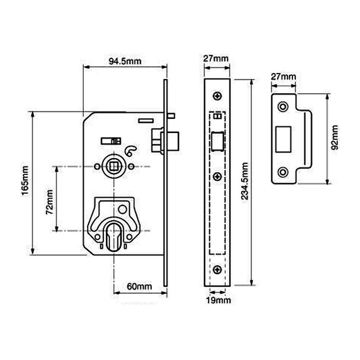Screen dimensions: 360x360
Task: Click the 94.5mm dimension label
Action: click(125, 61)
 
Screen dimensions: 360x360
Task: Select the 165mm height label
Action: click(25, 180)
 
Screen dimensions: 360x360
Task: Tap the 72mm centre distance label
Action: click(49, 202)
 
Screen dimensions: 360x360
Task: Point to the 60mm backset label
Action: click(139, 286)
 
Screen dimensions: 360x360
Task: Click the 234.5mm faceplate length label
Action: click(245, 181)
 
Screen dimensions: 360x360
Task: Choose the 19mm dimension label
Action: click(218, 300)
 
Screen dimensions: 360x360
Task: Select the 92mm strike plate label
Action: click(335, 137)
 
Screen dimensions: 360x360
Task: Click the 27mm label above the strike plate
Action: click(284, 76)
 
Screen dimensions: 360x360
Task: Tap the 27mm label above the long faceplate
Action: click(216, 59)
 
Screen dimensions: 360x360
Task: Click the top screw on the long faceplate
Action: click(217, 96)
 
